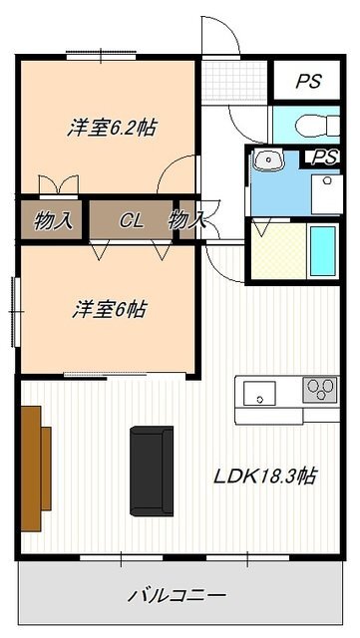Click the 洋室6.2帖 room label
tap(111, 128)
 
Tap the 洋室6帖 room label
tap(109, 310)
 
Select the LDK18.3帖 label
tap(265, 477)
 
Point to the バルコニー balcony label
tap(178, 596)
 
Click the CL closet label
tap(132, 221)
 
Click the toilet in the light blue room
tap(317, 125)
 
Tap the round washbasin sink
tap(268, 159)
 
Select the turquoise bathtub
tap(323, 250)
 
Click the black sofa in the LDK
tap(152, 472)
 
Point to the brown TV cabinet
tap(36, 469)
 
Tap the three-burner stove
tap(320, 390)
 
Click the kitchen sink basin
tap(259, 393)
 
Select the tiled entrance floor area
tap(234, 81)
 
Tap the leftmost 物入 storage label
tap(53, 221)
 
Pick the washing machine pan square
tap(327, 194)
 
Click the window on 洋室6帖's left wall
tap(16, 312)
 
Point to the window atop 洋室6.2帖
tap(102, 56)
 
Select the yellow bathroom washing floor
tap(278, 251)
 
